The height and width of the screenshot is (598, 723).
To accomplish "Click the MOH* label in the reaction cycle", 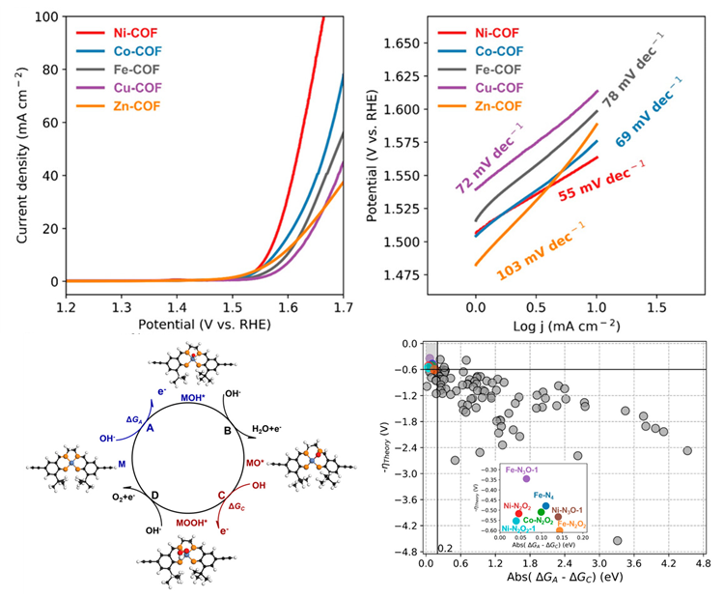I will click(x=194, y=397).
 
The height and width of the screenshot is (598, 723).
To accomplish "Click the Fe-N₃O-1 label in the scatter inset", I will click(x=523, y=469).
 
